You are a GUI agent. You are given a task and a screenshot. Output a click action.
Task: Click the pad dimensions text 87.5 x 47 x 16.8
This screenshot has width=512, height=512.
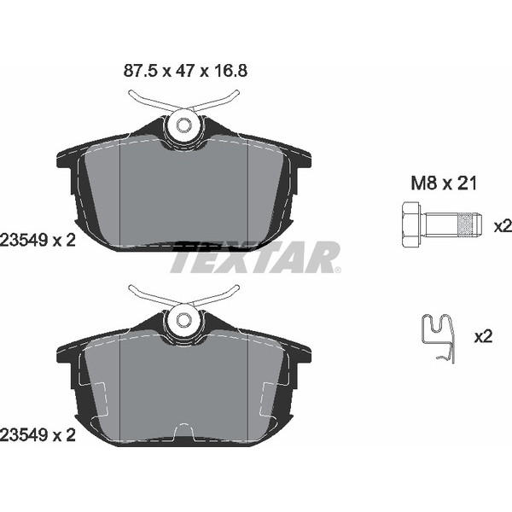pyautogui.click(x=185, y=71)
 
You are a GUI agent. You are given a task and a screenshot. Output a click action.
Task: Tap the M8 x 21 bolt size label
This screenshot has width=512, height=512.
pyautogui.click(x=444, y=183)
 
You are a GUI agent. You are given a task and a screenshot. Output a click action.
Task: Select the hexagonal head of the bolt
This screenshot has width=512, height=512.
pyautogui.click(x=411, y=224)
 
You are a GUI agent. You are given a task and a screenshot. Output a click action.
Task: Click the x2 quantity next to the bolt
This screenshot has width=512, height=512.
pyautogui.click(x=503, y=226)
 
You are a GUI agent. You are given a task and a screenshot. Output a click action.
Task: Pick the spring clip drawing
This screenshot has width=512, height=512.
pyautogui.click(x=438, y=339)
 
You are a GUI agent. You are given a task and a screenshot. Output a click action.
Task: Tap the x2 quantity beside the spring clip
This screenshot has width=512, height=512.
pyautogui.click(x=483, y=336)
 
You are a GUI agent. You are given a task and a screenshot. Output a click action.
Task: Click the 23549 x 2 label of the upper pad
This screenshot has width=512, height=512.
pyautogui.click(x=38, y=241)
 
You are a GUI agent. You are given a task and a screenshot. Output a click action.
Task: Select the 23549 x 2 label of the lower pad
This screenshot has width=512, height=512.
pyautogui.click(x=38, y=435)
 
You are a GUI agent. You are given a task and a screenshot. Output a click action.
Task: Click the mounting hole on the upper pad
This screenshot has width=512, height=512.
pyautogui.click(x=183, y=125)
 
